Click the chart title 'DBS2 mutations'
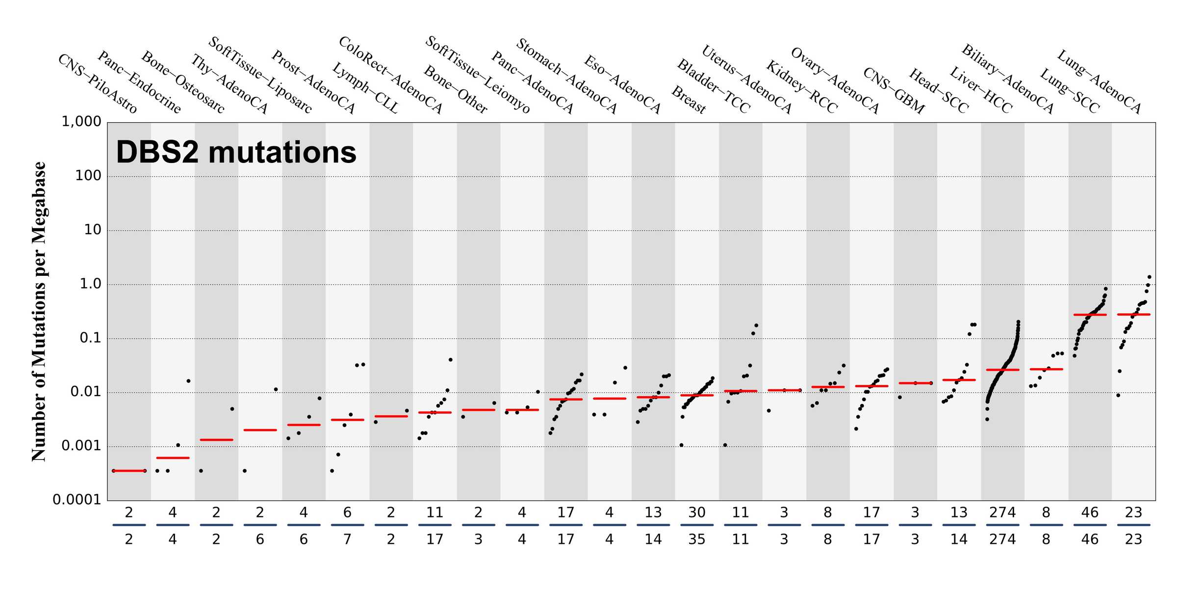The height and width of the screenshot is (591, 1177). click(x=236, y=152)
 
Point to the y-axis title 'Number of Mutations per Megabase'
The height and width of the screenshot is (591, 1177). click(x=39, y=311)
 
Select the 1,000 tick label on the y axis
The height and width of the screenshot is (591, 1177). click(x=81, y=122)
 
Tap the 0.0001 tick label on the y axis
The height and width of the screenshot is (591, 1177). click(x=77, y=500)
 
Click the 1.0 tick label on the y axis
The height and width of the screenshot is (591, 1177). click(x=90, y=284)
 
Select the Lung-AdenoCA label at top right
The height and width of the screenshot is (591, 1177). click(x=1099, y=81)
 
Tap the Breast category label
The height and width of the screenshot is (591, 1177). click(x=689, y=100)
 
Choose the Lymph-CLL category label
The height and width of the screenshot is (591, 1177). click(x=365, y=88)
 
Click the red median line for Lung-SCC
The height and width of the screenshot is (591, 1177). click(x=1090, y=315)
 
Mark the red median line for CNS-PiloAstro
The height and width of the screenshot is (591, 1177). click(x=128, y=471)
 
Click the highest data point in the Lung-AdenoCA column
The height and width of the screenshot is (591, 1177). click(x=1149, y=277)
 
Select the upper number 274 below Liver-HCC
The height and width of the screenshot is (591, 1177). click(x=1002, y=513)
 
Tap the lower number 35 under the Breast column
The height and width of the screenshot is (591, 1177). click(x=696, y=539)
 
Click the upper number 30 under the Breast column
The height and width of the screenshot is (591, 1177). click(x=696, y=513)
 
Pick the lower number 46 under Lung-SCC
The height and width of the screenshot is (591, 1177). click(x=1090, y=539)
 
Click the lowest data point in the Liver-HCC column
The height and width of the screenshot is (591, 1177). click(x=987, y=419)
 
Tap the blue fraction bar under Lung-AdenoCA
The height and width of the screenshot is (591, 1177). click(x=1133, y=525)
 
